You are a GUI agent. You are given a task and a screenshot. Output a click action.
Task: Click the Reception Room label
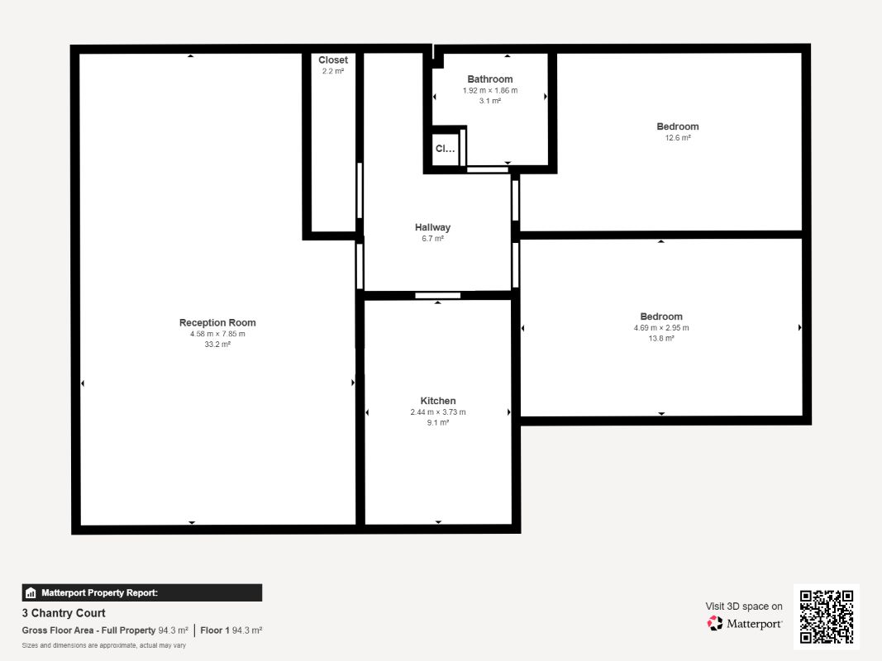tap(217, 322)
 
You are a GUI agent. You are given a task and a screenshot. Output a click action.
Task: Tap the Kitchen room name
tap(437, 401)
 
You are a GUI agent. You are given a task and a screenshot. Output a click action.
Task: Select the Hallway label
tap(432, 227)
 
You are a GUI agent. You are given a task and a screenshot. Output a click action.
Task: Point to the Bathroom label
tap(490, 79)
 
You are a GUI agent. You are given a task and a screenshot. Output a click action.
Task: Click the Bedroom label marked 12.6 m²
tap(678, 126)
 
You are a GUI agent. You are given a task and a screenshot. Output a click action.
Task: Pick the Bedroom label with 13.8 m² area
tap(661, 316)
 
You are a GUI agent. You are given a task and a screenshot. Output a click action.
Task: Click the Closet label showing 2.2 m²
tap(333, 59)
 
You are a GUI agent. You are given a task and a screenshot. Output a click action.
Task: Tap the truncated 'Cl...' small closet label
tap(445, 149)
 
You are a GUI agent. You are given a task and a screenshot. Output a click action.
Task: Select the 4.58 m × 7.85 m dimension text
tap(217, 334)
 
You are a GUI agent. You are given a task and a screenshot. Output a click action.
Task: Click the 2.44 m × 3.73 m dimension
tap(437, 412)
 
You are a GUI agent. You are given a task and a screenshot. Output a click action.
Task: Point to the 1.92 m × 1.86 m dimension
tap(490, 91)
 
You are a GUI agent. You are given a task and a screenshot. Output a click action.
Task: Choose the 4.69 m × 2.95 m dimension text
tap(661, 328)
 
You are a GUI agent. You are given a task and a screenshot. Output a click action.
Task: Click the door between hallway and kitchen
tap(437, 295)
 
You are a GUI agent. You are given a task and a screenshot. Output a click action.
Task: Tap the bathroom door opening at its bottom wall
tap(487, 169)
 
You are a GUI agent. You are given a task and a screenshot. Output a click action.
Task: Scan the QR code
tap(827, 616)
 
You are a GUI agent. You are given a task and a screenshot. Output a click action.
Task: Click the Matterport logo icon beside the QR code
tap(715, 623)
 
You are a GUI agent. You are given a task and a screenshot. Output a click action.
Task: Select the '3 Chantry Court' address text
tap(64, 613)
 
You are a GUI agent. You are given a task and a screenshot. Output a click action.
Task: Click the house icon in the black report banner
tap(31, 593)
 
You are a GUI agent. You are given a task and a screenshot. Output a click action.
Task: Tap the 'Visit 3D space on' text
tap(744, 606)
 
